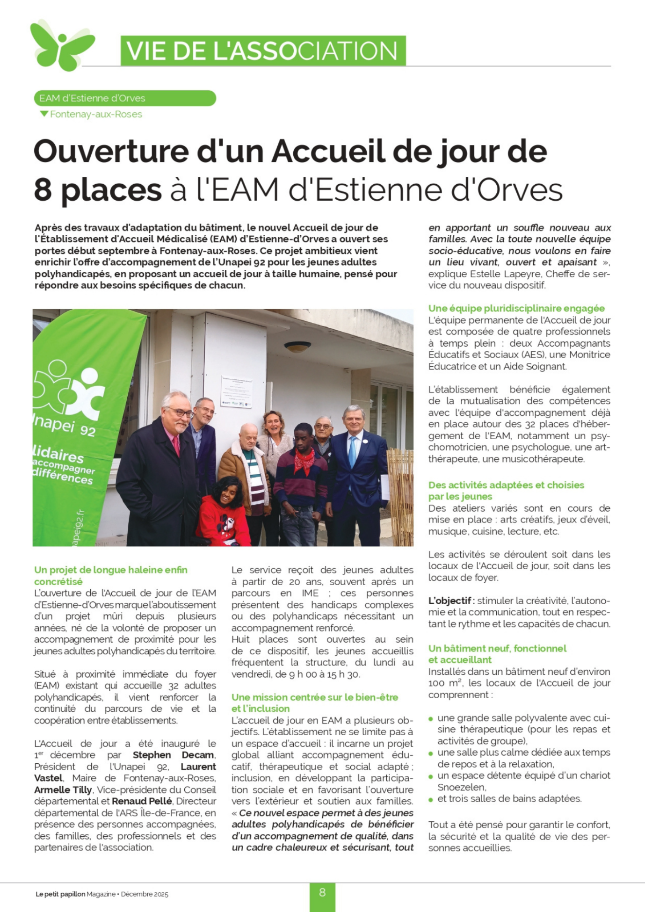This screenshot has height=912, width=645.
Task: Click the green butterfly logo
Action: [61, 46]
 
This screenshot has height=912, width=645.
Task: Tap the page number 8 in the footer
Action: [322, 892]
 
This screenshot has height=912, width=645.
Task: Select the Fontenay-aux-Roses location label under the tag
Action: [95, 114]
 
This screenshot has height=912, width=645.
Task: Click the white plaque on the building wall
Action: [236, 391]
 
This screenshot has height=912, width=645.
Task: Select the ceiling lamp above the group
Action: [297, 347]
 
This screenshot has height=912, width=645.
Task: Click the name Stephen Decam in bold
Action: [173, 755]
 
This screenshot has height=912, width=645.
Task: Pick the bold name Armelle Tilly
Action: [63, 789]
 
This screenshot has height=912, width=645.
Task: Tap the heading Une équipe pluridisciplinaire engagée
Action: [516, 308]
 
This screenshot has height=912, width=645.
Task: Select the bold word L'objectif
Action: [449, 601]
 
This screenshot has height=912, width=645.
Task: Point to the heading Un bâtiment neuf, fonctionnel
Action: [497, 648]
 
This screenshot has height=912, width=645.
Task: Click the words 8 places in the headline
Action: [98, 190]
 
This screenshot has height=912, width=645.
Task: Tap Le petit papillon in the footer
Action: [60, 894]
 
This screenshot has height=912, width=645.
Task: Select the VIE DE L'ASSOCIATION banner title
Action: [263, 51]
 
